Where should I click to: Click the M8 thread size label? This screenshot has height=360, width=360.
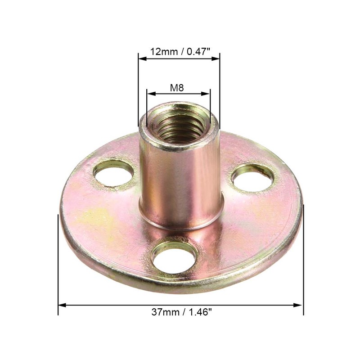(177, 88)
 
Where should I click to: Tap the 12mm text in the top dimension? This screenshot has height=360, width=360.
(164, 52)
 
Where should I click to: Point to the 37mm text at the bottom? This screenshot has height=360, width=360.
(165, 312)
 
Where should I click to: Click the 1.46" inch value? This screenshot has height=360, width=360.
(199, 312)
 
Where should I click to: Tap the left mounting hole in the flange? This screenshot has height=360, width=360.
(113, 173)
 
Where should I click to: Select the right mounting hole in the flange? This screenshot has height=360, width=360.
(252, 178)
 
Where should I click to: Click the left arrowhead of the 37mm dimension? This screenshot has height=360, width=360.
(62, 305)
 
